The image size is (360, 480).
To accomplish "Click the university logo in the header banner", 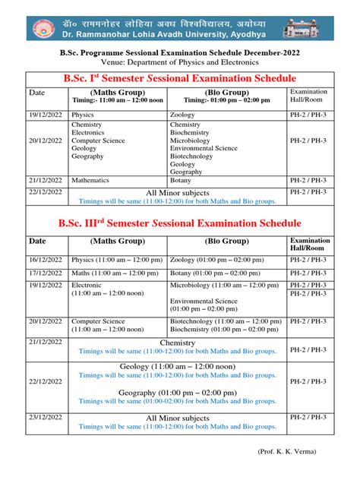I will tap(43, 29).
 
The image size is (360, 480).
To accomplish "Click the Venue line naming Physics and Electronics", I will tap(179, 63).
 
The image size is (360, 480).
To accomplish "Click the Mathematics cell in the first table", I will tap(90, 181).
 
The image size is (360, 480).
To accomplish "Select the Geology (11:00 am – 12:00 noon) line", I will tap(177, 367).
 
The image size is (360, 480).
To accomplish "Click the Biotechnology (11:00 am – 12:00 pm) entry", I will tap(224, 321).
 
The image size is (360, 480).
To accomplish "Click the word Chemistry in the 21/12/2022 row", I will tap(177, 343).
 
